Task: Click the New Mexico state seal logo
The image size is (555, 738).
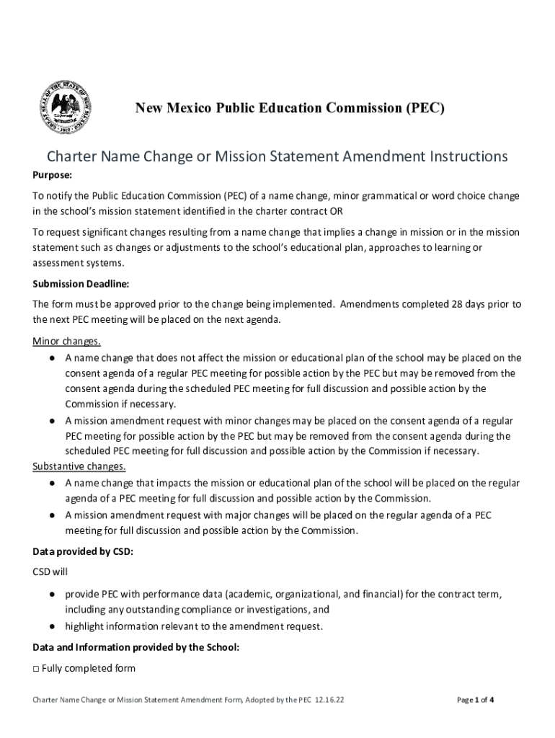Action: (x=65, y=107)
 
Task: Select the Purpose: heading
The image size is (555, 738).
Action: (x=53, y=175)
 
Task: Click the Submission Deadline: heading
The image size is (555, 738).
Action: (x=81, y=283)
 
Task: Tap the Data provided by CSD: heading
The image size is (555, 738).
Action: (x=83, y=552)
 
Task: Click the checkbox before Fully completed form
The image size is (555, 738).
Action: (x=36, y=669)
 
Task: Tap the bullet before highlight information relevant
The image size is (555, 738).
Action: (x=53, y=626)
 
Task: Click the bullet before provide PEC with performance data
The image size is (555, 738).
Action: (x=53, y=595)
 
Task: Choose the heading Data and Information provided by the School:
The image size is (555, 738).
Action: (x=136, y=647)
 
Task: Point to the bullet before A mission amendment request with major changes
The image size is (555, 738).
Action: (x=53, y=515)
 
